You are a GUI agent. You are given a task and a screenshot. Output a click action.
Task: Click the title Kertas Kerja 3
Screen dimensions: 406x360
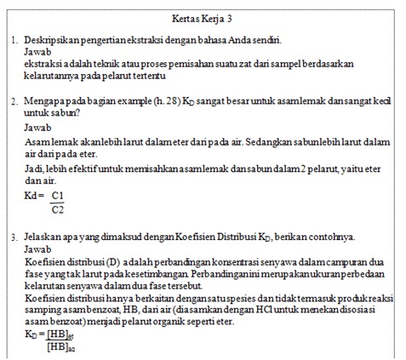(x=203, y=17)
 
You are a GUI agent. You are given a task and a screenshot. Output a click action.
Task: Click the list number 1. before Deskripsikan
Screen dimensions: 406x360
(x=15, y=40)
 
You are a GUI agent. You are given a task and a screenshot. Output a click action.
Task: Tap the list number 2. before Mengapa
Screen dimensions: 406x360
(x=15, y=101)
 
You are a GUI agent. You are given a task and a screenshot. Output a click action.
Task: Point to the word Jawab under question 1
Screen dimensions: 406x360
(x=37, y=52)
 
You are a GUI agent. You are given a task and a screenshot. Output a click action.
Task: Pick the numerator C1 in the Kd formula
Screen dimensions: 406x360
(x=58, y=195)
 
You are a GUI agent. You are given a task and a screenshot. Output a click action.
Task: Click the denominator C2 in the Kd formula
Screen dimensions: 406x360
(x=58, y=209)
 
